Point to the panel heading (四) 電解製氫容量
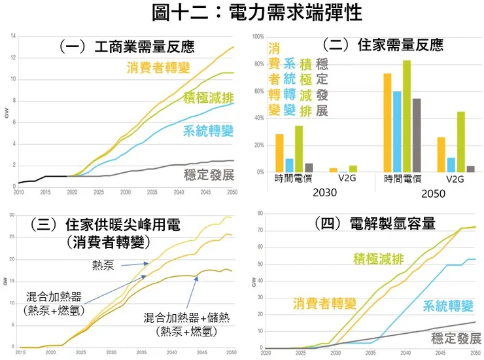374,223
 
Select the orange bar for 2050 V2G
441,154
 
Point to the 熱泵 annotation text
104,264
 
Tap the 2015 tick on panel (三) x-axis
20,353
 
